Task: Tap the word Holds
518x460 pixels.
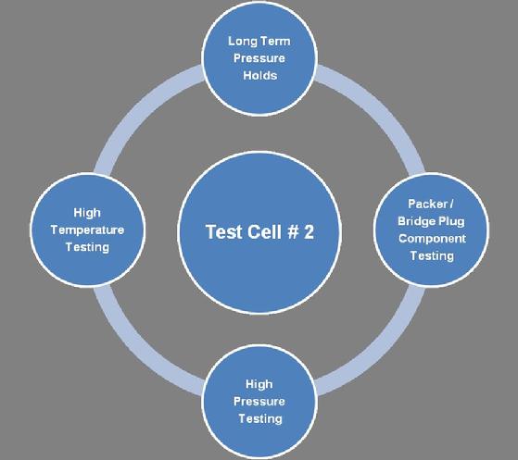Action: click(260, 75)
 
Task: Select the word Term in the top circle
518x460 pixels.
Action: click(275, 42)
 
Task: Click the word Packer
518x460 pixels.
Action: click(427, 204)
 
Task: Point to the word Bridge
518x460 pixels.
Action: click(416, 221)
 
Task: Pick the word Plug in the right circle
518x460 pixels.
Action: click(451, 221)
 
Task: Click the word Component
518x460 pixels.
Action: click(432, 239)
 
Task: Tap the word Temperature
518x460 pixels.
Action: click(87, 230)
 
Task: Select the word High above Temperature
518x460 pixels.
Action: click(87, 213)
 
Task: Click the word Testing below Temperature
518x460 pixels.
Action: click(87, 247)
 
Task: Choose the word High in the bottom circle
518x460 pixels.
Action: click(259, 384)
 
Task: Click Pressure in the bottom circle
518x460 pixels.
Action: click(259, 402)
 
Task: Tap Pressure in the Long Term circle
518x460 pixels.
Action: click(259, 58)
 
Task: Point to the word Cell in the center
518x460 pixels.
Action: click(265, 231)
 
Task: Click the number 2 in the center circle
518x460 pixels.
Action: click(309, 231)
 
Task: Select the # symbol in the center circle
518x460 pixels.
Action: click(294, 231)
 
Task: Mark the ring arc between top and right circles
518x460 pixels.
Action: click(382, 110)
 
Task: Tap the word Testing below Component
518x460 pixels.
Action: click(432, 256)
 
